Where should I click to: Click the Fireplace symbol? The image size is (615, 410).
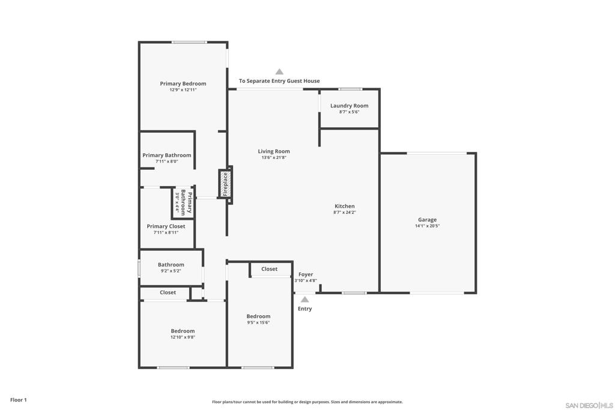[x=225, y=184]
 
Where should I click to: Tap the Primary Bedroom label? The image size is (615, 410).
[x=183, y=83]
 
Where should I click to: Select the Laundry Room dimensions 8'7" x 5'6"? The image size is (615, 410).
[x=349, y=112]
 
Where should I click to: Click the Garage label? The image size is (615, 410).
[x=427, y=220]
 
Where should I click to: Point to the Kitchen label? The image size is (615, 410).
[x=344, y=206]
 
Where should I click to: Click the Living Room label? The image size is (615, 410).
[x=274, y=151]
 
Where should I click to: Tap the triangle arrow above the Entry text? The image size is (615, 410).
[x=304, y=300]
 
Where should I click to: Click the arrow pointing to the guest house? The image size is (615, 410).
[x=279, y=71]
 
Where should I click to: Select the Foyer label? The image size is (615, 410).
[x=306, y=274]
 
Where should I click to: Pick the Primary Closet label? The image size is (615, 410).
[x=166, y=226]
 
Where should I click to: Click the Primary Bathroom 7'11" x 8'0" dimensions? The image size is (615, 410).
[x=167, y=161]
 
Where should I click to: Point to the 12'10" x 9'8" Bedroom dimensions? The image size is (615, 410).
[x=183, y=337]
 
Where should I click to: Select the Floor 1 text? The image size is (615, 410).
[x=19, y=400]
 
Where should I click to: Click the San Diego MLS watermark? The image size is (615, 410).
[x=589, y=405]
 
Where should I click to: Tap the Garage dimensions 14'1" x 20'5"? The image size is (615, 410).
[x=427, y=226]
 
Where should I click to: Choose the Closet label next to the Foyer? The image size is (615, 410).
[x=269, y=269]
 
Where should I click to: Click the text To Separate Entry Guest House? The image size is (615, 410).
[x=279, y=81]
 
